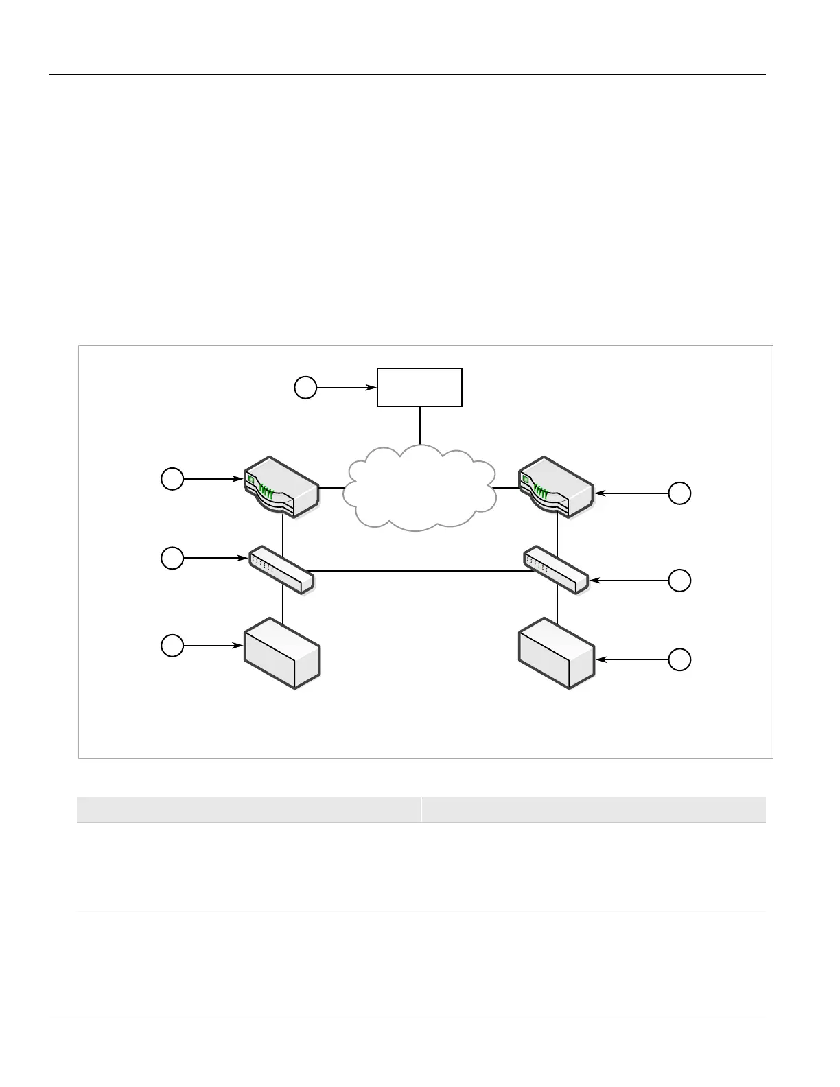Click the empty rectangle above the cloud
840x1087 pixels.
(419, 387)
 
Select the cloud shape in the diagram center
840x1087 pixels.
(419, 487)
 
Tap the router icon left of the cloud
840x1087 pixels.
(282, 487)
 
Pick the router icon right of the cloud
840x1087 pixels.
(557, 487)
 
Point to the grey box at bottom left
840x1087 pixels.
(282, 653)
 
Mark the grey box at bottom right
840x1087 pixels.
(557, 653)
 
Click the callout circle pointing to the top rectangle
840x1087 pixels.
(305, 388)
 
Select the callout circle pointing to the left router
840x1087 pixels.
(172, 478)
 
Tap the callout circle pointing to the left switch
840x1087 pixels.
(172, 559)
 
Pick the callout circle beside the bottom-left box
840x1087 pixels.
(172, 646)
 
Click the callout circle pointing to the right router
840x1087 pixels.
(679, 493)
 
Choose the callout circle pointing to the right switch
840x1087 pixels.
(679, 581)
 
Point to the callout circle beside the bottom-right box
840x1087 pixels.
(679, 660)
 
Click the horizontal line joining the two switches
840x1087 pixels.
(419, 571)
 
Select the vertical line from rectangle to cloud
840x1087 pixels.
(420, 425)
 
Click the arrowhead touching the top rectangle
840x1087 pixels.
(373, 388)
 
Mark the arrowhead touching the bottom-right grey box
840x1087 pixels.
(600, 660)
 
